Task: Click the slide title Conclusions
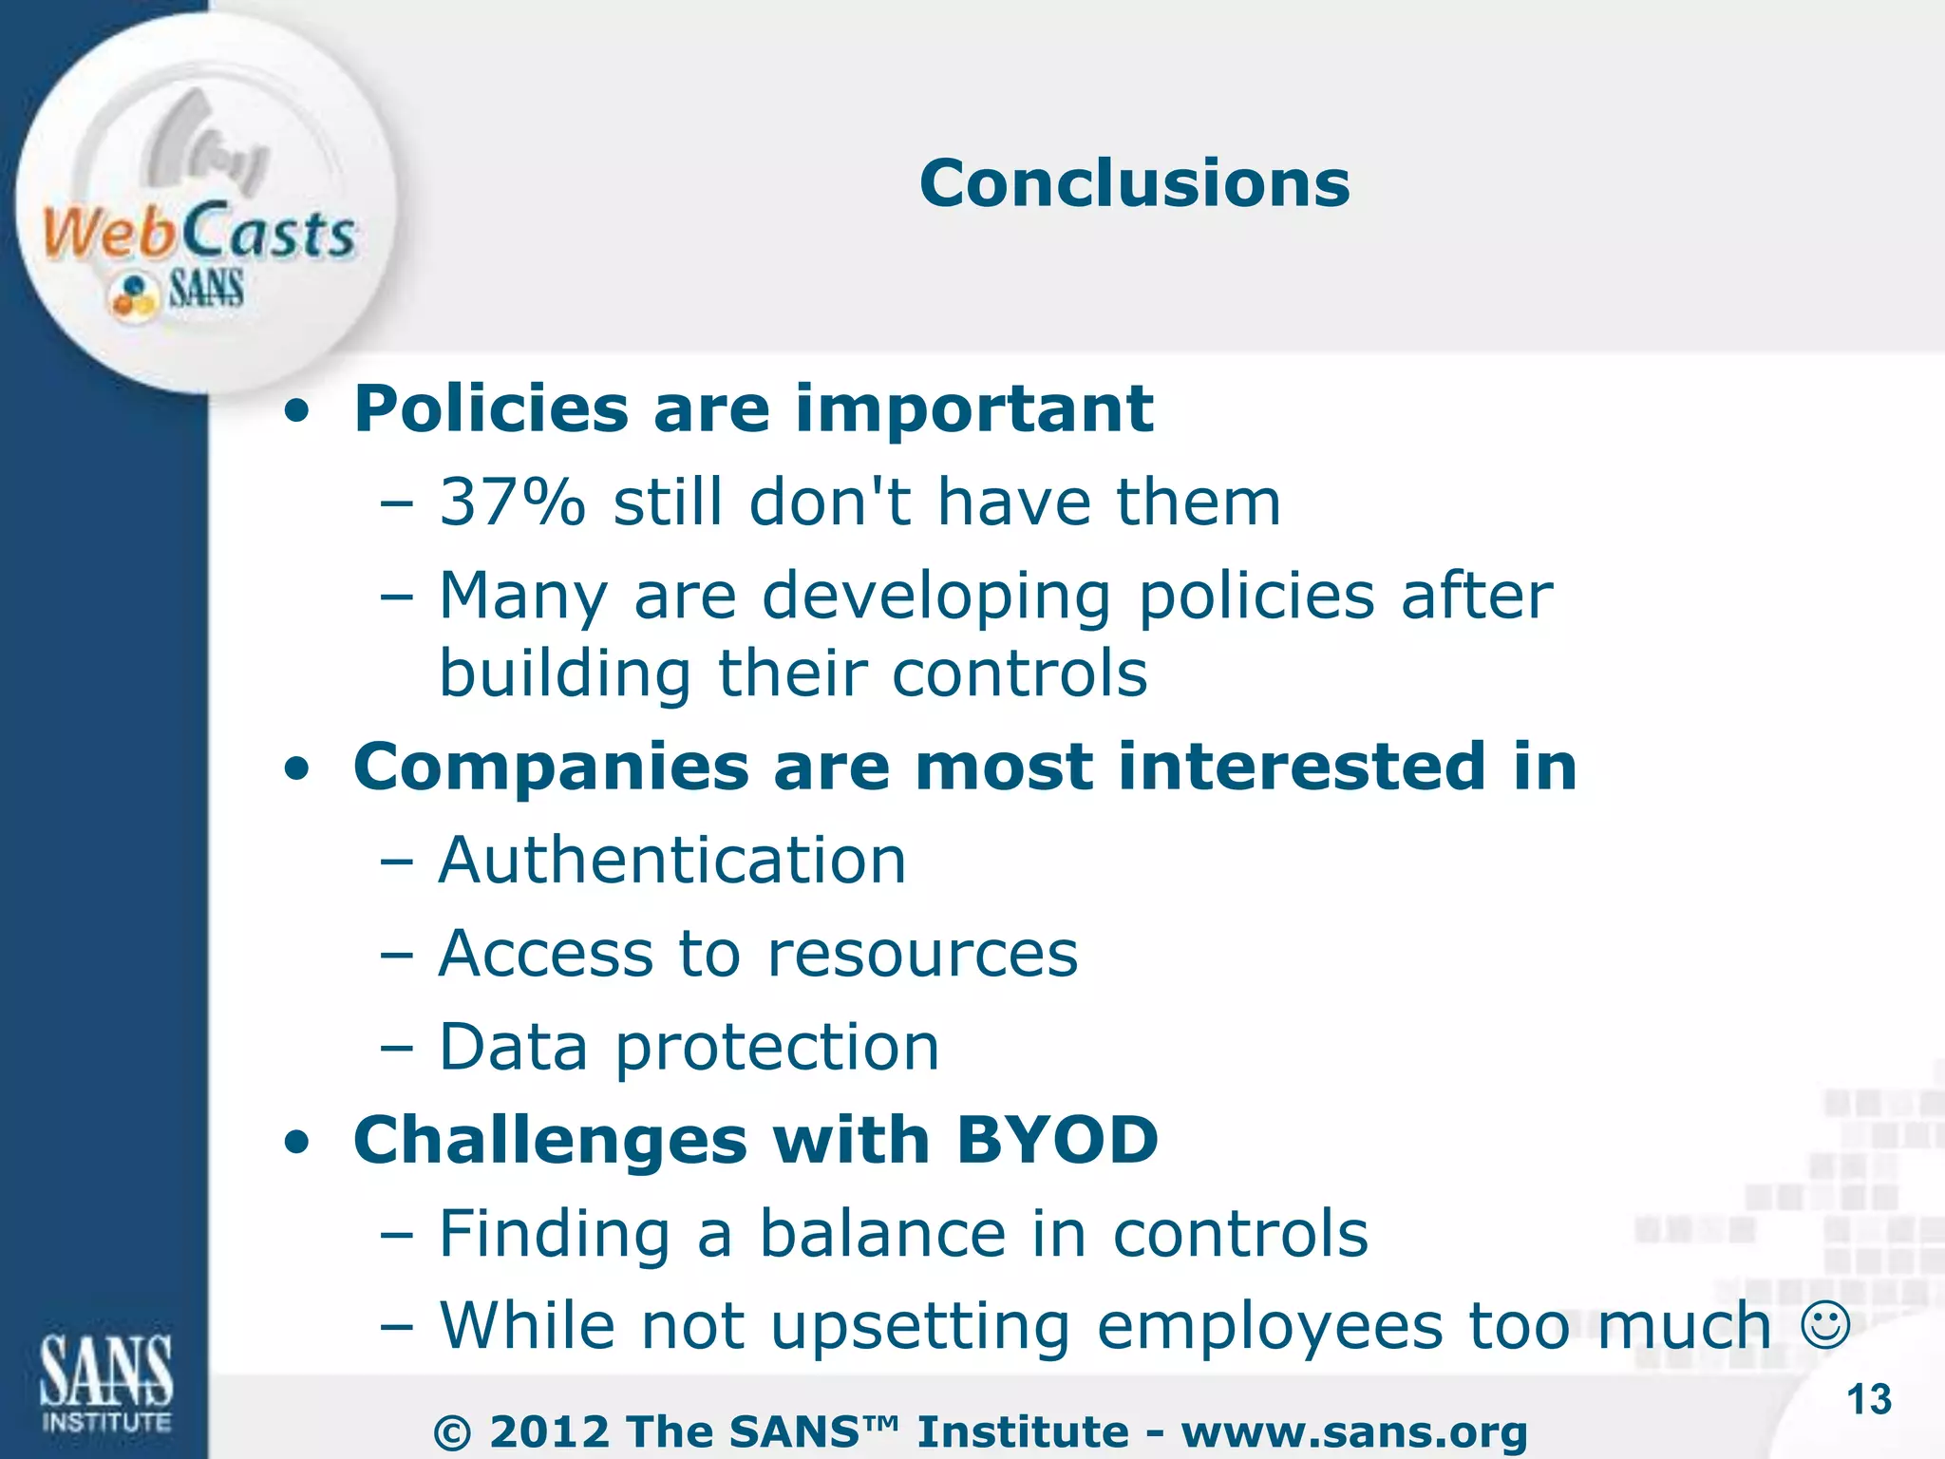[1134, 183]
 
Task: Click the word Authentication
[672, 861]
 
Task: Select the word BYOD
[1057, 1139]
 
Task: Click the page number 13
[1869, 1400]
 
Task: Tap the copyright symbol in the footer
[452, 1433]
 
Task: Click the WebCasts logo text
[199, 233]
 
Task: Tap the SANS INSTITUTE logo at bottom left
[105, 1382]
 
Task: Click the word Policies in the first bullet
[491, 409]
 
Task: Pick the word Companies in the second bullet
[551, 767]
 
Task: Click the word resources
[922, 954]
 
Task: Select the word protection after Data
[777, 1048]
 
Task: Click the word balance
[882, 1234]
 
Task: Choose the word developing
[935, 597]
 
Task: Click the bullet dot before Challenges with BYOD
[297, 1143]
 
